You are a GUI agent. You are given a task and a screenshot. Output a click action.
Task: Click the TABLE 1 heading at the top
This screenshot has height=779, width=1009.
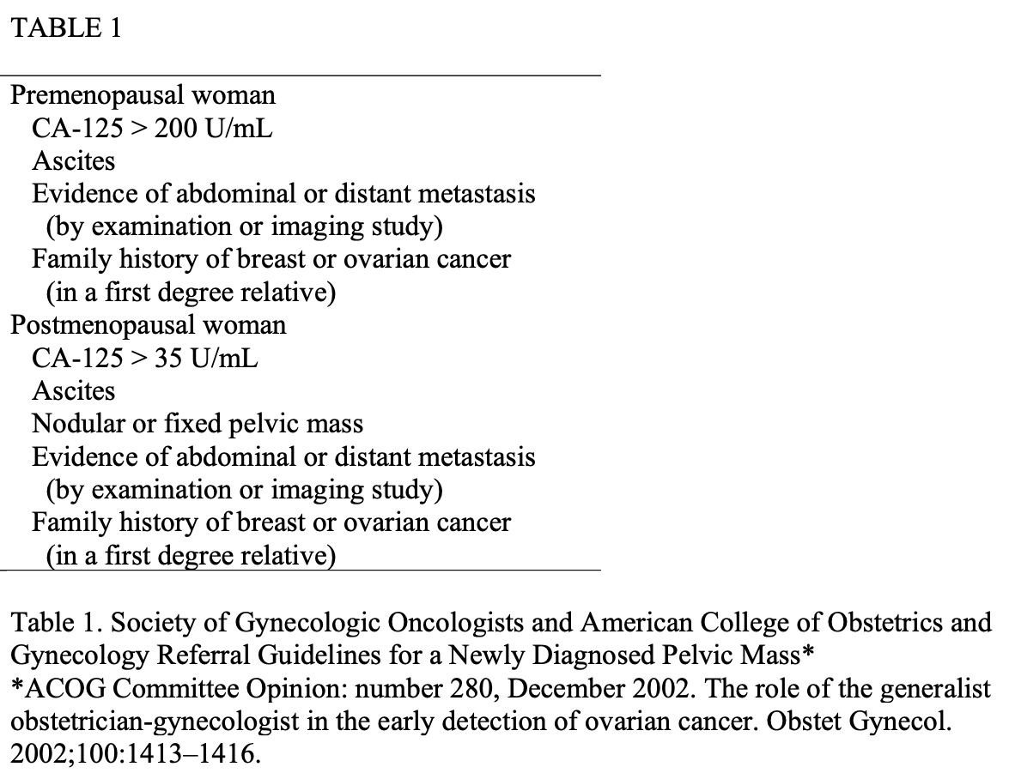click(66, 28)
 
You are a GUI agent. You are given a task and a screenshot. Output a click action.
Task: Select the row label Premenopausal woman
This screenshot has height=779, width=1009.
click(143, 94)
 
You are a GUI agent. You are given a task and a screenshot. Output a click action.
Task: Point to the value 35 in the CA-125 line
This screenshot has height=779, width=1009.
click(168, 358)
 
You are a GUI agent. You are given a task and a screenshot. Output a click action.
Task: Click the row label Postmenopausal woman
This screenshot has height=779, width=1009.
click(148, 325)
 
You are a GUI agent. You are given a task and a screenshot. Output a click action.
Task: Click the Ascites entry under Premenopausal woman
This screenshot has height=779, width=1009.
click(74, 160)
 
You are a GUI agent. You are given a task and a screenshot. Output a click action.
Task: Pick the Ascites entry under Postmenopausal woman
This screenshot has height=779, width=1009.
click(74, 391)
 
